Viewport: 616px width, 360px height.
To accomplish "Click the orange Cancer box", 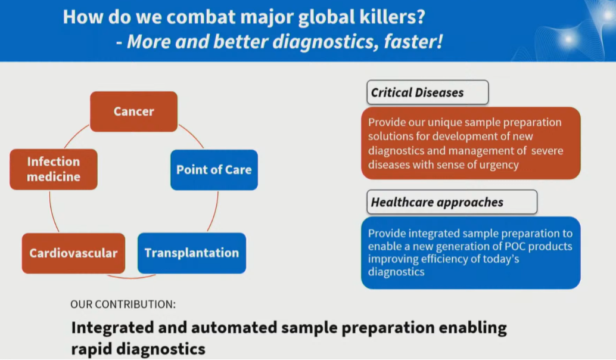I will pos(133,111).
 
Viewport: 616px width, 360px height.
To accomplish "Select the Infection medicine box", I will pos(53,169).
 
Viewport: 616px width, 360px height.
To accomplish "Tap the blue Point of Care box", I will pos(214,170).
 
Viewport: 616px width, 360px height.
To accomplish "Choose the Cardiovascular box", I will pos(73,253).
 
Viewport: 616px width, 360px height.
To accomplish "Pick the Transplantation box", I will pos(191,253).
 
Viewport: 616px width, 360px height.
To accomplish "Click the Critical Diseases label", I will pos(417,92).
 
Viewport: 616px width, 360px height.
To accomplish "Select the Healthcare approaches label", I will pos(437,202).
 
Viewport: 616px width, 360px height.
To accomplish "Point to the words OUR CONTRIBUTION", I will pos(123,305).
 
